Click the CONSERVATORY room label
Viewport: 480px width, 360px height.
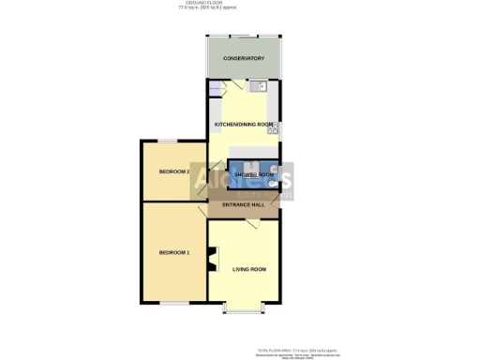coord(243,59)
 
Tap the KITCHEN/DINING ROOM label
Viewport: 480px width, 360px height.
coord(244,125)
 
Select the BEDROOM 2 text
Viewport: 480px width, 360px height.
coord(174,172)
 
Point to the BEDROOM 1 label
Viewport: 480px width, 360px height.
coord(174,253)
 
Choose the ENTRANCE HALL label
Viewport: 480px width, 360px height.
coord(243,205)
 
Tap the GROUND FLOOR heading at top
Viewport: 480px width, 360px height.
coord(239,4)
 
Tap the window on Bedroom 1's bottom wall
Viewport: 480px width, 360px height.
coord(171,304)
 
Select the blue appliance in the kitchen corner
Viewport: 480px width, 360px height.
coord(216,90)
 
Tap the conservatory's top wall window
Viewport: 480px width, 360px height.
coord(244,37)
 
